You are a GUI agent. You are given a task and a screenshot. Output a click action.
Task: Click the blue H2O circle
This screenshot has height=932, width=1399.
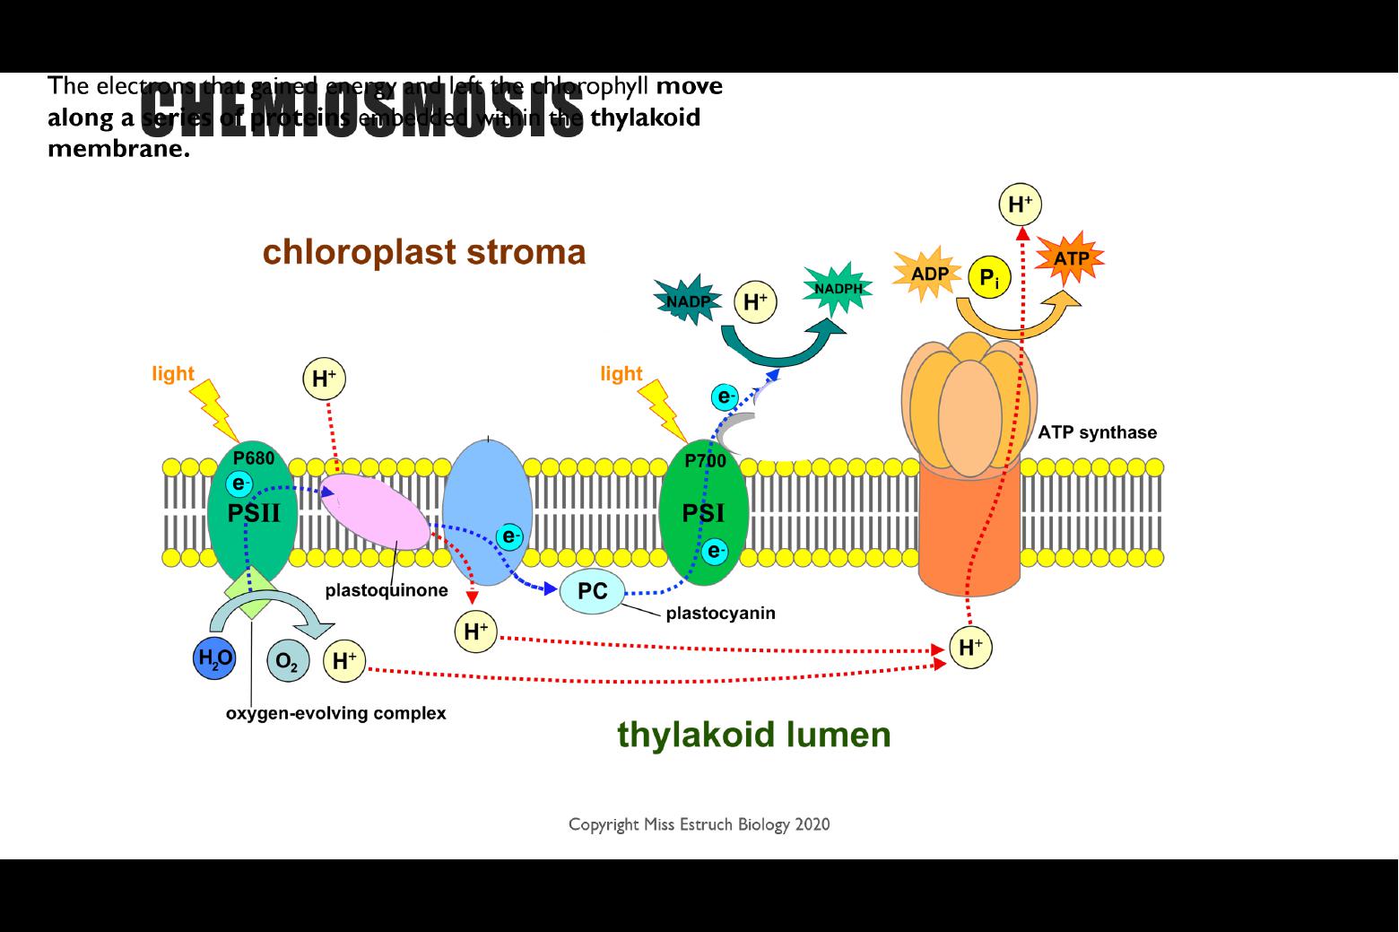click(x=214, y=659)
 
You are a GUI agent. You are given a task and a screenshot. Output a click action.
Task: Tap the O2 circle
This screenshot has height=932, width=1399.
click(x=287, y=662)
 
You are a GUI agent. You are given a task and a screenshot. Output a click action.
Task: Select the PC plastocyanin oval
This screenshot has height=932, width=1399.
click(x=592, y=592)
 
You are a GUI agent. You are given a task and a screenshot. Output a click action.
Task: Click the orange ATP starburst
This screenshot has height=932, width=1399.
click(x=1070, y=259)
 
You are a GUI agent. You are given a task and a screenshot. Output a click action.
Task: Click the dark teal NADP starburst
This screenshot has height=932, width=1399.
click(x=687, y=301)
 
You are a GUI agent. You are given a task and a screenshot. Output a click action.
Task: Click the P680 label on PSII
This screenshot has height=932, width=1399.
click(x=254, y=458)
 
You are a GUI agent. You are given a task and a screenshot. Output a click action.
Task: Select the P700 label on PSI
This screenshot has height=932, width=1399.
click(x=705, y=461)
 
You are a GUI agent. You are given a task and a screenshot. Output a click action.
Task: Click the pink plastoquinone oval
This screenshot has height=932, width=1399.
click(x=376, y=512)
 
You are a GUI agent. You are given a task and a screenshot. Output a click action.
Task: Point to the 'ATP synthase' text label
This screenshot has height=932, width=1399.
click(x=1097, y=432)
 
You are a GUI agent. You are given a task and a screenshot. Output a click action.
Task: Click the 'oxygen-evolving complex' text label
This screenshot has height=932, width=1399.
click(x=335, y=714)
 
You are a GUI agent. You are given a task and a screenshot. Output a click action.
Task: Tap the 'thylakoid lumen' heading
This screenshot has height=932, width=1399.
click(x=753, y=735)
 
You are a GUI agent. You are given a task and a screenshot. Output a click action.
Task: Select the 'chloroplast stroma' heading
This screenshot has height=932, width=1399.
click(x=424, y=252)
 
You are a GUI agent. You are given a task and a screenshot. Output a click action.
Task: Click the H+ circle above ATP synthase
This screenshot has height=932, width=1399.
click(x=1020, y=205)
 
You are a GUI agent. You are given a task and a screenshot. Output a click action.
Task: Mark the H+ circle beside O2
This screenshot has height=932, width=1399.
click(x=344, y=661)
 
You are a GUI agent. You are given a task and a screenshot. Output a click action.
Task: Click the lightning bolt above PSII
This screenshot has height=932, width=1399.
click(x=213, y=408)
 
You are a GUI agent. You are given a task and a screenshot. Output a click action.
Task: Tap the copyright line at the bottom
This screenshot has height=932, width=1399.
click(x=699, y=824)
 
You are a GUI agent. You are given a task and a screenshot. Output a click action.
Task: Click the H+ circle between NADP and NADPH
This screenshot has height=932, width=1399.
click(x=755, y=301)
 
